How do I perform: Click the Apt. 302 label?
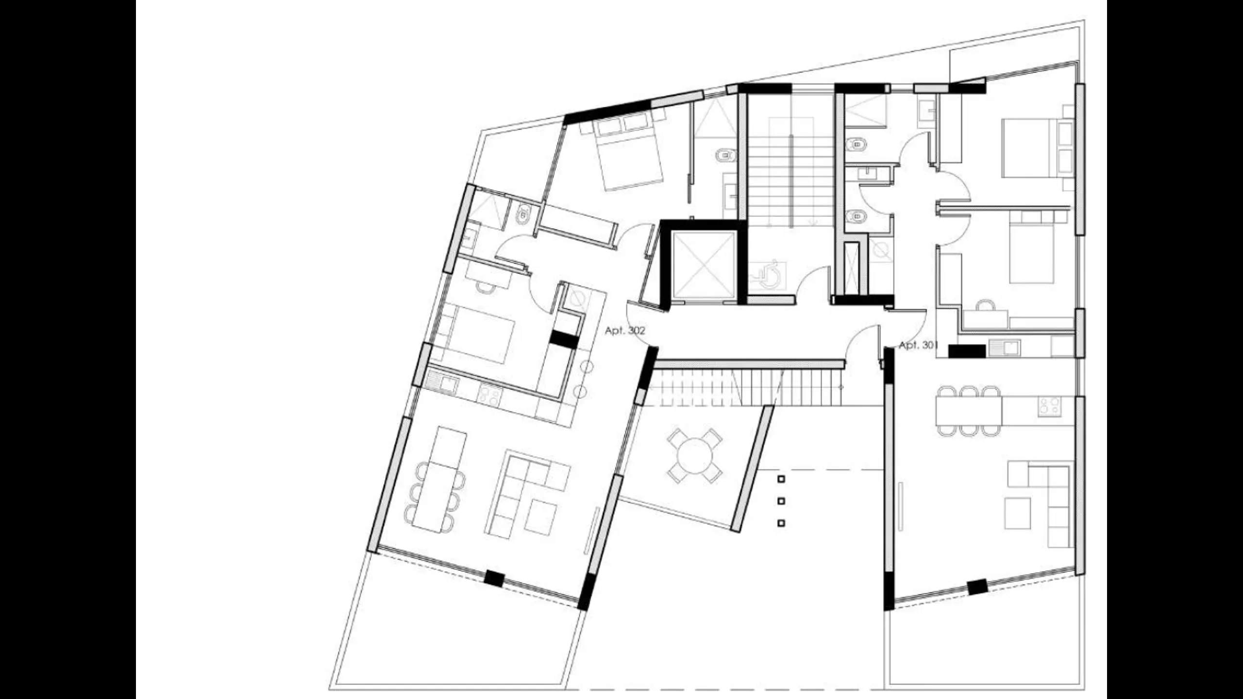(625, 331)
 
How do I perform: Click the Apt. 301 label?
(918, 346)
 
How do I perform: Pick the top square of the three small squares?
(781, 479)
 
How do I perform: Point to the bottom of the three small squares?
(781, 523)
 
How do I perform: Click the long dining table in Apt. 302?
(439, 479)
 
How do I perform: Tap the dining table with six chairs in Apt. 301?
(969, 410)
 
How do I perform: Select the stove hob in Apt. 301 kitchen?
(1050, 407)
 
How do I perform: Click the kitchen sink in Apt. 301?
(1005, 348)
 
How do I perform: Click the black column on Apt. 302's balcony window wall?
(494, 578)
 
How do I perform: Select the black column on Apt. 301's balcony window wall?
(977, 587)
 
